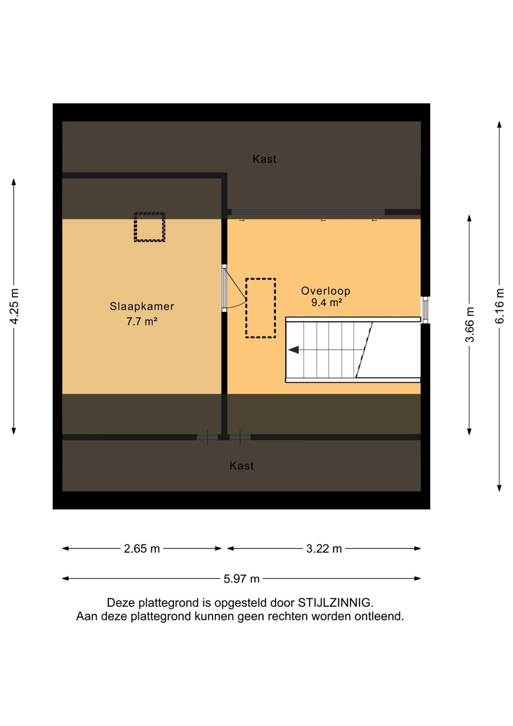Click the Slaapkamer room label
click(142, 307)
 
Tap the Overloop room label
click(326, 291)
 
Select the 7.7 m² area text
click(142, 322)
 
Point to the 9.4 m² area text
click(327, 302)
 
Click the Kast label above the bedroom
click(265, 159)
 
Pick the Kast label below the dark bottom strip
click(241, 466)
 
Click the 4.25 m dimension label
click(15, 307)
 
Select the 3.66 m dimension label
click(470, 325)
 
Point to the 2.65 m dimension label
click(142, 549)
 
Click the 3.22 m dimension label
click(324, 549)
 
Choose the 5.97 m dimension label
click(241, 579)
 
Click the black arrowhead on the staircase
click(293, 350)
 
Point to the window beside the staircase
click(425, 310)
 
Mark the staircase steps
click(329, 350)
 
